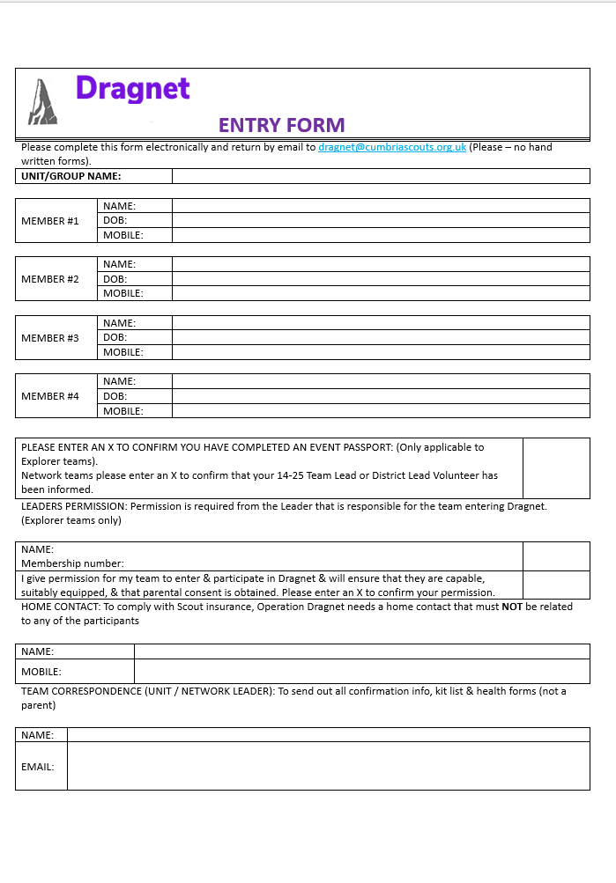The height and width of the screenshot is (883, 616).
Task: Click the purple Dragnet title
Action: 133,89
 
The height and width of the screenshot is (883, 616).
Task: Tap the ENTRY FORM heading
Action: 281,125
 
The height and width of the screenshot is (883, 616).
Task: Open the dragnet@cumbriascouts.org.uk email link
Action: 392,147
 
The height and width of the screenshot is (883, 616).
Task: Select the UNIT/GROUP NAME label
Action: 71,176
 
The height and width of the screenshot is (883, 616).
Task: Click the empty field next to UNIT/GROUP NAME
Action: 380,176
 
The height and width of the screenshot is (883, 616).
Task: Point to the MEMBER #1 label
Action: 50,221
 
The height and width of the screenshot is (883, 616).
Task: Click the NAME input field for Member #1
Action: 380,206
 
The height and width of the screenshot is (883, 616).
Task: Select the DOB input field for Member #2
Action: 380,279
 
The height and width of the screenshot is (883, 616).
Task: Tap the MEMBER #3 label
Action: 50,338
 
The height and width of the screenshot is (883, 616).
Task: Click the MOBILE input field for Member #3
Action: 380,352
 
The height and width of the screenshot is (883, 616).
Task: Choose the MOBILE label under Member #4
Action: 123,411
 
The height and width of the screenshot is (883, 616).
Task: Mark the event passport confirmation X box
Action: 556,468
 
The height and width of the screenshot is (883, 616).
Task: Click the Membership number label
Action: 72,563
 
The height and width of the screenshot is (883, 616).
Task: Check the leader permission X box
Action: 556,585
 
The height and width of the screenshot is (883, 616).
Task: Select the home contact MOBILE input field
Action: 361,672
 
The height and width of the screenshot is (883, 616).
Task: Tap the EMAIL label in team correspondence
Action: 38,767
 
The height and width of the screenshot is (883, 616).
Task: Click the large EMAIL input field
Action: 328,766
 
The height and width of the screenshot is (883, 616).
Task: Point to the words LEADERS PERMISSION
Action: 67,506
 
